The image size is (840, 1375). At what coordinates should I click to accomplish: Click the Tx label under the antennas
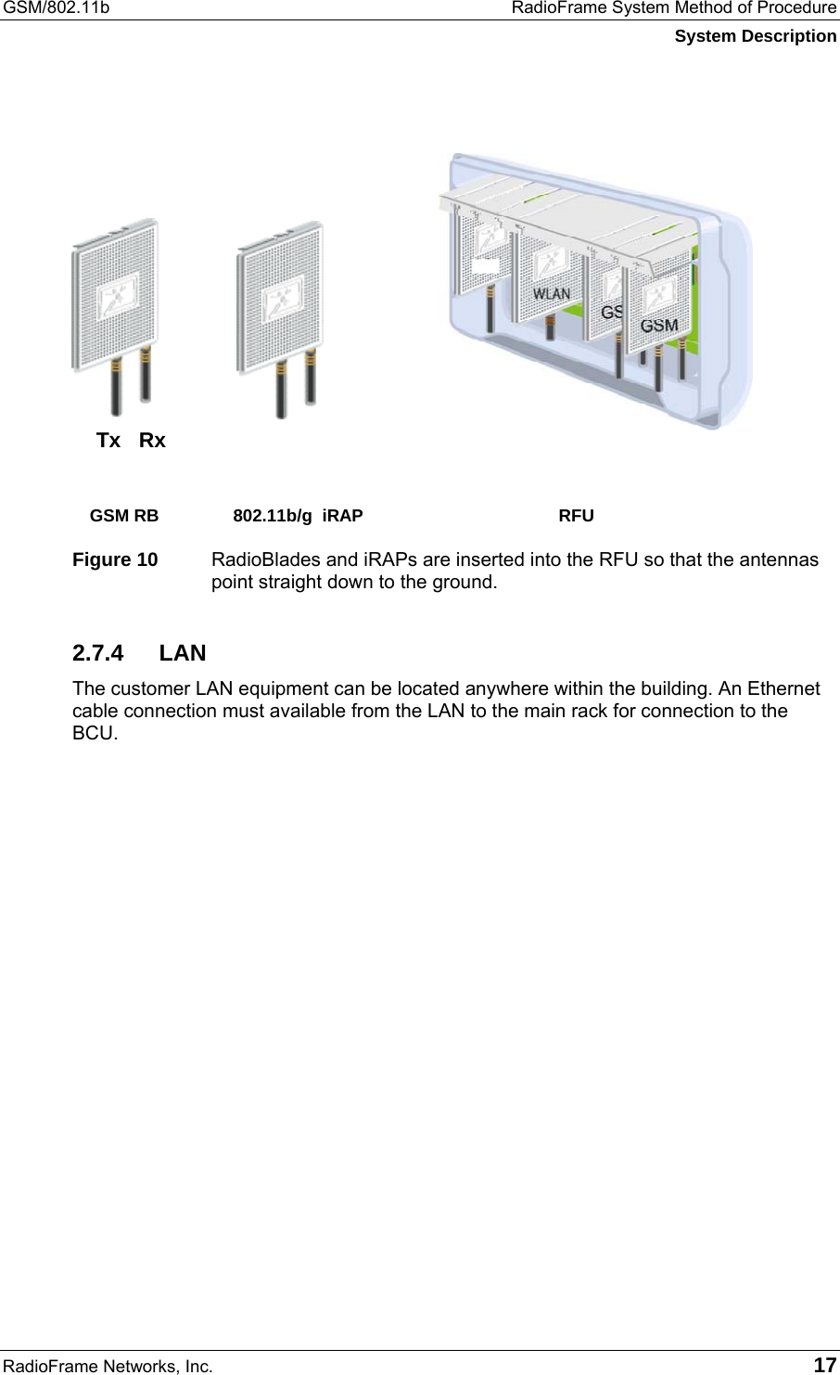pyautogui.click(x=108, y=441)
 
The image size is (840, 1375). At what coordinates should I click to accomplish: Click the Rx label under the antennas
pyautogui.click(x=152, y=441)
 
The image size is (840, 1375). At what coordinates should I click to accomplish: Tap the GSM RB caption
pyautogui.click(x=124, y=516)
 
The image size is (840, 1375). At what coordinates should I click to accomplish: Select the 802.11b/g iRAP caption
pyautogui.click(x=298, y=516)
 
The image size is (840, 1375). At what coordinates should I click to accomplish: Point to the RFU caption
pyautogui.click(x=576, y=516)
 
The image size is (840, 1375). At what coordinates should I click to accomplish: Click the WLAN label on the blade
pyautogui.click(x=551, y=293)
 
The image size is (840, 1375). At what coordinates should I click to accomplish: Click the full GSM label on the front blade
pyautogui.click(x=659, y=326)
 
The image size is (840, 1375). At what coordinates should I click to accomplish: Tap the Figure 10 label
pyautogui.click(x=115, y=560)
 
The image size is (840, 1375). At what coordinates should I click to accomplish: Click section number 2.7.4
pyautogui.click(x=97, y=653)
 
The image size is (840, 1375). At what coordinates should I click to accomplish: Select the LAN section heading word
pyautogui.click(x=183, y=653)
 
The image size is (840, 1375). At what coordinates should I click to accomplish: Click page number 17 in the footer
pyautogui.click(x=824, y=1365)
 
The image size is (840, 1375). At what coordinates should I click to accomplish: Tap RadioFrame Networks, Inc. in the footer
pyautogui.click(x=108, y=1366)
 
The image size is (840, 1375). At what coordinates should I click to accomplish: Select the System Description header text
pyautogui.click(x=755, y=36)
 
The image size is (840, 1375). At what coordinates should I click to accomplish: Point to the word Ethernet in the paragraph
pyautogui.click(x=783, y=688)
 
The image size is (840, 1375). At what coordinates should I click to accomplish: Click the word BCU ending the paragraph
pyautogui.click(x=94, y=733)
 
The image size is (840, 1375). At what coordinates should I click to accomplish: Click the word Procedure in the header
pyautogui.click(x=795, y=8)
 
